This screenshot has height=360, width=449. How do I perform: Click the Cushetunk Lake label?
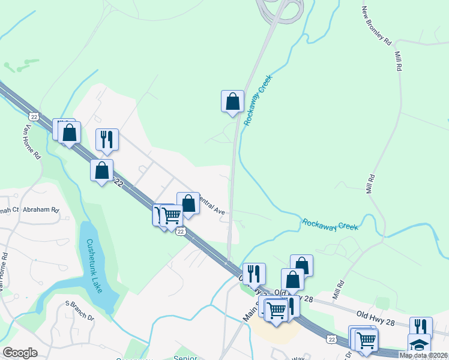pos(94,264)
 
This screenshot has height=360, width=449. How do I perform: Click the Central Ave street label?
pos(211,206)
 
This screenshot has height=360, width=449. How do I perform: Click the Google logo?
pos(20,353)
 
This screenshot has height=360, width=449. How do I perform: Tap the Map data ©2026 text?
pos(423,355)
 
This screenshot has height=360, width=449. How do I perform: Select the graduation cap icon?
pos(418,345)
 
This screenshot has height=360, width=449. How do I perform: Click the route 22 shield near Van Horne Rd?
pos(34,116)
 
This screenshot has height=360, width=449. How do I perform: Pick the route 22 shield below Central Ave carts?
pos(180,232)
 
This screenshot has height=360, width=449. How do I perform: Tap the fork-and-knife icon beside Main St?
pos(253,274)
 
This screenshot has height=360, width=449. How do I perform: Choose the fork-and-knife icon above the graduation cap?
pos(421,327)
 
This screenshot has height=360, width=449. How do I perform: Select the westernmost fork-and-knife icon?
pos(107,139)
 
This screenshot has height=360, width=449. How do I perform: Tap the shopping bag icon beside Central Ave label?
pos(188,203)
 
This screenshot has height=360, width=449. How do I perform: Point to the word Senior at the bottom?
pos(185,357)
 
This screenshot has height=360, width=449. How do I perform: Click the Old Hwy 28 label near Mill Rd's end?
pos(375,314)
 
